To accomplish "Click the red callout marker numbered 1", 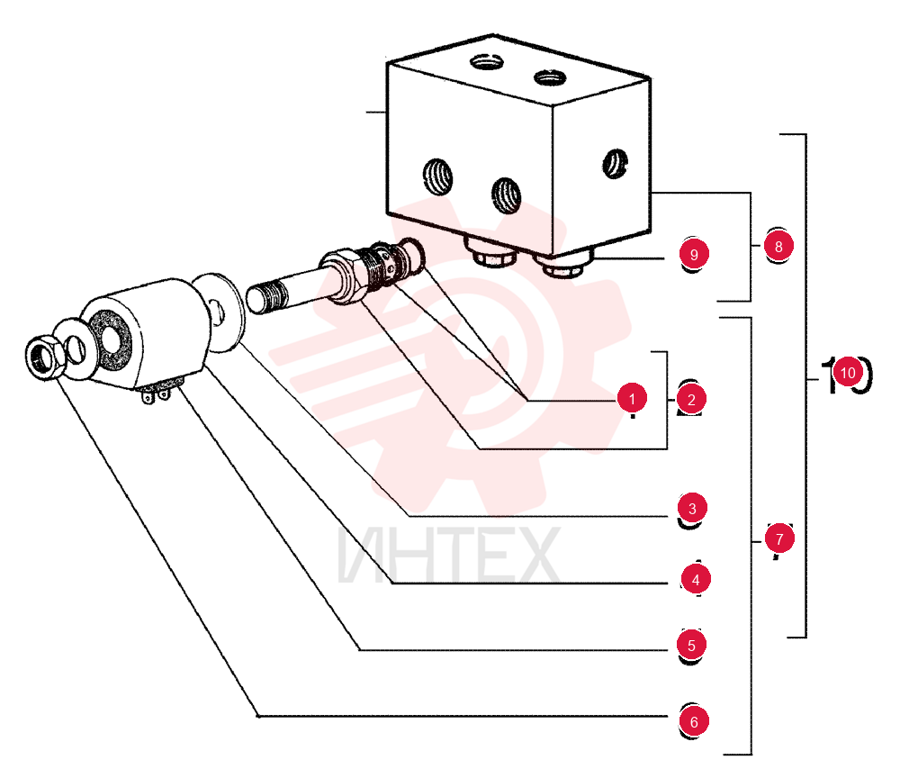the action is coord(632,399).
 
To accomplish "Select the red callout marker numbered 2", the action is coord(691,400).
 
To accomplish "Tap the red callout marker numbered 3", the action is coord(692,508).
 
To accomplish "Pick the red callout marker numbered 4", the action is coord(696,580).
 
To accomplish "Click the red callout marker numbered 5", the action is coord(691,646).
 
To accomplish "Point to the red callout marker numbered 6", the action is coord(694,722).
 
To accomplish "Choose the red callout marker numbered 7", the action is coord(779,538).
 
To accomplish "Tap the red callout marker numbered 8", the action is coord(778,247).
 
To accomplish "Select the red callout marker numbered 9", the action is coord(694,254).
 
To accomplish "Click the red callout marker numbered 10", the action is coord(848,373).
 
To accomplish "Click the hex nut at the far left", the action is coord(43,357).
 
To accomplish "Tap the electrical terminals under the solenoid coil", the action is coord(156,393).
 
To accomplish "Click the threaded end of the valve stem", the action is coord(268,296).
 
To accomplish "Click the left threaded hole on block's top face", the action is coord(487,60).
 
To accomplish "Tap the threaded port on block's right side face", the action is coord(616,164).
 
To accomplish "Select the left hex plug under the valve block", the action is coord(492,253).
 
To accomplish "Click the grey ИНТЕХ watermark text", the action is coord(448,556).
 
